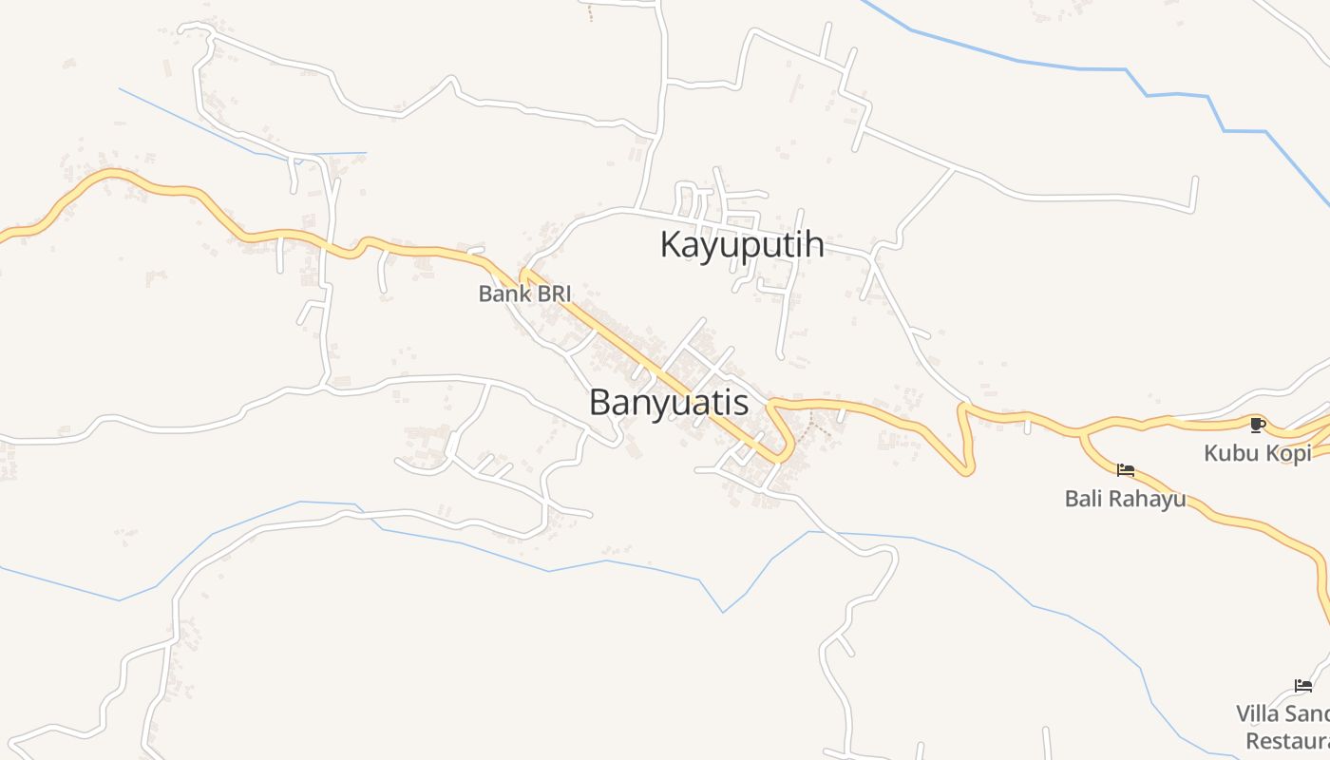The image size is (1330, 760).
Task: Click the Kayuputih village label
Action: pyautogui.click(x=741, y=244)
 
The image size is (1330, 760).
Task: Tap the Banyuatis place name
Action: pyautogui.click(x=668, y=402)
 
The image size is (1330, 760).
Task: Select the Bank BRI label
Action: pyautogui.click(x=524, y=294)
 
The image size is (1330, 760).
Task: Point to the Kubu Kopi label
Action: pyautogui.click(x=1257, y=453)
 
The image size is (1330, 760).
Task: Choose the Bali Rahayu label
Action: pyautogui.click(x=1125, y=498)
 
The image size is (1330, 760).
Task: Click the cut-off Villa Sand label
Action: pyautogui.click(x=1282, y=713)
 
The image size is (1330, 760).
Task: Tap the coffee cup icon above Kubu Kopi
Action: pyautogui.click(x=1257, y=425)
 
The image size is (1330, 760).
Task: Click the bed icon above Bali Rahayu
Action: pyautogui.click(x=1126, y=469)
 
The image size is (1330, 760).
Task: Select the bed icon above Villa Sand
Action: pyautogui.click(x=1303, y=686)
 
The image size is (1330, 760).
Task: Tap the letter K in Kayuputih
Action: pyautogui.click(x=672, y=244)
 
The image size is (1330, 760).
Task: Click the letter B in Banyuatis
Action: pyautogui.click(x=600, y=402)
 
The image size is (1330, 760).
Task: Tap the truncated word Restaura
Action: pyautogui.click(x=1287, y=741)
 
